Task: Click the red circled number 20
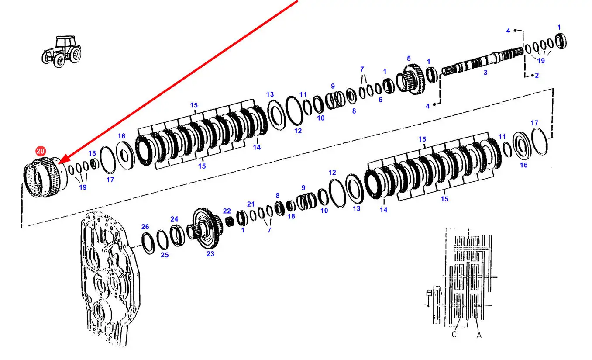(x=41, y=151)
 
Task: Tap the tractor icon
(x=61, y=51)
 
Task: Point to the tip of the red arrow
(x=58, y=164)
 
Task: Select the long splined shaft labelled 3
(x=482, y=61)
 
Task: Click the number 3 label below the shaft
(x=485, y=73)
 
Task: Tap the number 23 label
(x=210, y=254)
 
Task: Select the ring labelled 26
(x=148, y=243)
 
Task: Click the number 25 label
(x=165, y=255)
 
